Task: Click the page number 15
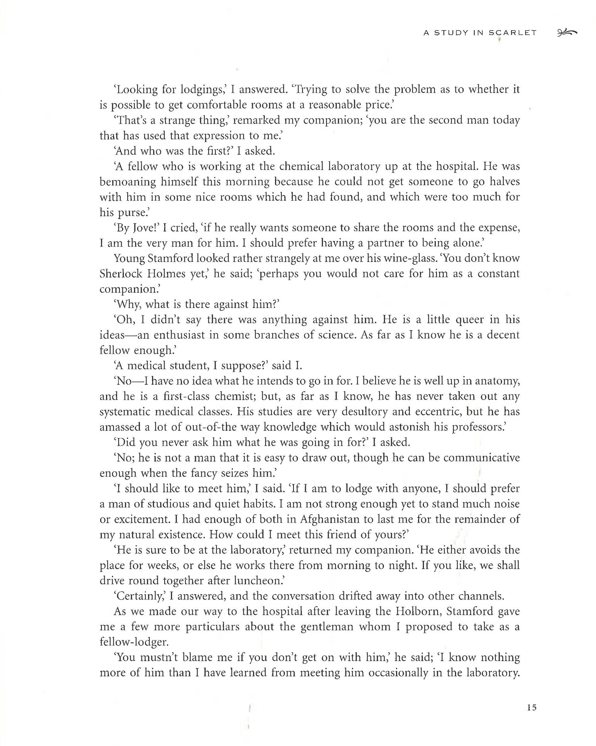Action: pos(532,707)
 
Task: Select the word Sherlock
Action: pos(118,274)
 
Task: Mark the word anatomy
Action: pos(497,382)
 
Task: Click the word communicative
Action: pos(482,458)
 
